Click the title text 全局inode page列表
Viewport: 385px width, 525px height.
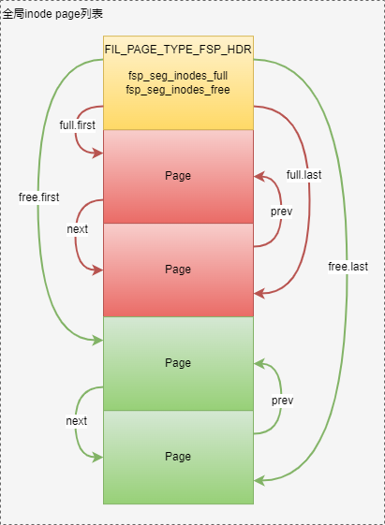point(52,14)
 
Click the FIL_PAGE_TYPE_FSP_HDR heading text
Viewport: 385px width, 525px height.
point(178,50)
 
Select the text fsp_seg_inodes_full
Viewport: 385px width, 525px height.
point(178,76)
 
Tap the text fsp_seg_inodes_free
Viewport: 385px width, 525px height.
point(178,90)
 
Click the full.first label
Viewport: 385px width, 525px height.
point(78,125)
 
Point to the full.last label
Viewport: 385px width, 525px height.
point(304,175)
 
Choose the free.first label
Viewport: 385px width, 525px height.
point(38,197)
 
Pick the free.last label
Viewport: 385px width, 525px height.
point(348,267)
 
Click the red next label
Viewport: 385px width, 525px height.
point(78,229)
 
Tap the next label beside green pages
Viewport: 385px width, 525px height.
point(77,421)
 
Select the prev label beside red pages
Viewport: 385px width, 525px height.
point(281,211)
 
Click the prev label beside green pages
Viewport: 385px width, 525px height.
point(283,401)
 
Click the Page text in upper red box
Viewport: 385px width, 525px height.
point(178,176)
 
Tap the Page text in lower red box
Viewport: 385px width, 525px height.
point(178,270)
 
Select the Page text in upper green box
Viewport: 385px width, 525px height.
point(178,363)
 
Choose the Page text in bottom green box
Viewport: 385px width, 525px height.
point(178,457)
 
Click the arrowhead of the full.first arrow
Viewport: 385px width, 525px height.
point(98,153)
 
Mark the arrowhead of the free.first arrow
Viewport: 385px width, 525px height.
point(98,341)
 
